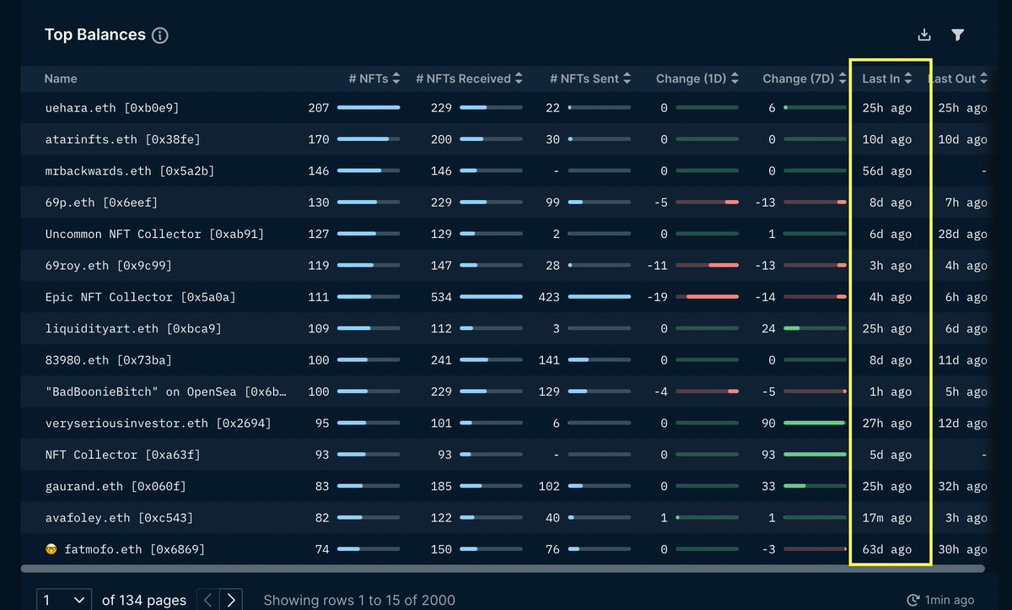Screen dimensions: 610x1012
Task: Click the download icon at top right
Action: (924, 35)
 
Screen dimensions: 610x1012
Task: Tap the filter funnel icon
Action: (957, 35)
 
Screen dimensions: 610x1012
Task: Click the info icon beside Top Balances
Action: (160, 35)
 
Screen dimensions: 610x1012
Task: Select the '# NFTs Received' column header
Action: (463, 78)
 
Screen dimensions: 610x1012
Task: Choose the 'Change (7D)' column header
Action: (798, 78)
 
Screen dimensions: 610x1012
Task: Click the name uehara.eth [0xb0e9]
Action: (111, 108)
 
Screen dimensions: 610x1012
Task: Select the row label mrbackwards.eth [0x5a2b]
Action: (129, 171)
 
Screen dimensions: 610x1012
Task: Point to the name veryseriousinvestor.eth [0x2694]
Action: (158, 423)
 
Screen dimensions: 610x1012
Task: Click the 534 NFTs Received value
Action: (441, 297)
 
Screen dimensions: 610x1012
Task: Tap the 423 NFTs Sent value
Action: (548, 297)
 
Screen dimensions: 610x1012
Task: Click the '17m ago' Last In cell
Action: (886, 518)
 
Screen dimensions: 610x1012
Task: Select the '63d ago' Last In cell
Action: (886, 549)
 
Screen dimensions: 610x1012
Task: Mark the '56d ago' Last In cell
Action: (886, 171)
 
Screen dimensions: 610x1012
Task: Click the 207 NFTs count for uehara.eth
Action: (318, 108)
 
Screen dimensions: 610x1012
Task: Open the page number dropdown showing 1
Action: (64, 600)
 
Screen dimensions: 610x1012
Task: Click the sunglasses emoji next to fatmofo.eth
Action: (51, 549)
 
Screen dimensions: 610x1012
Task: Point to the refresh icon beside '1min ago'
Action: (912, 601)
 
